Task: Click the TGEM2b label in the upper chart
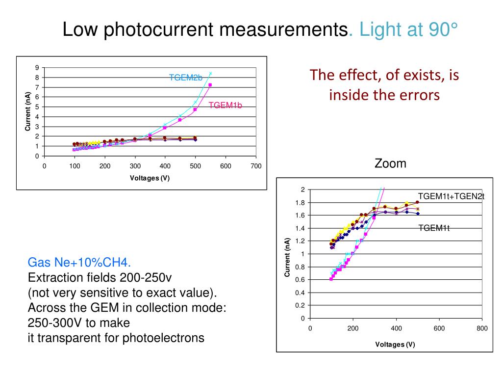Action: (x=186, y=78)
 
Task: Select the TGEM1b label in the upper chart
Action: (x=226, y=105)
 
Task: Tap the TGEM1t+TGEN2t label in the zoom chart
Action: (x=451, y=196)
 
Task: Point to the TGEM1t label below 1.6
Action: (x=434, y=227)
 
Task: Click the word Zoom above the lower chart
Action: (x=390, y=163)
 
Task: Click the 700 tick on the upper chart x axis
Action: (x=256, y=166)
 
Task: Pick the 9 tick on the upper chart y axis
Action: (x=37, y=67)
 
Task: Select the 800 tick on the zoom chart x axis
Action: (x=482, y=328)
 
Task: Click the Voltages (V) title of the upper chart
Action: (x=150, y=178)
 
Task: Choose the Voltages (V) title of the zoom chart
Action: (x=395, y=344)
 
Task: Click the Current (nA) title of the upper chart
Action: (x=28, y=111)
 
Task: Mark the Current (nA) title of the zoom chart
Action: (x=287, y=257)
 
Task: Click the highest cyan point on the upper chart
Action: (x=210, y=74)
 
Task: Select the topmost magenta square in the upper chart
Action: (x=210, y=85)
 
